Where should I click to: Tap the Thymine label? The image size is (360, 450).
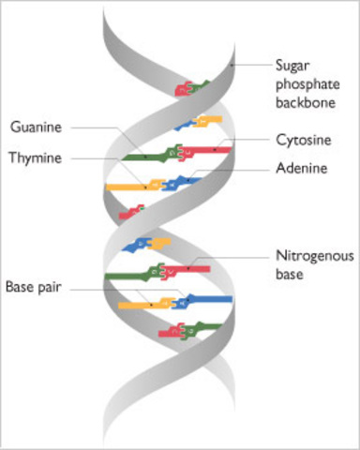[37, 158]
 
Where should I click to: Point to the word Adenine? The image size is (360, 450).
[302, 170]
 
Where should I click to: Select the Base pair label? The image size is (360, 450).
[34, 285]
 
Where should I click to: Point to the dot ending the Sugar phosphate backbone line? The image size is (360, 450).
[232, 65]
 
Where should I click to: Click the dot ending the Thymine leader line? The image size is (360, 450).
[143, 186]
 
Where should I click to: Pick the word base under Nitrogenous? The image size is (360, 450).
[292, 273]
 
